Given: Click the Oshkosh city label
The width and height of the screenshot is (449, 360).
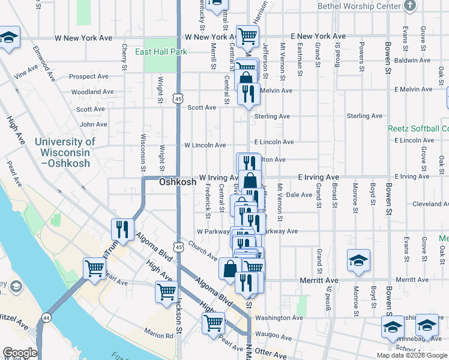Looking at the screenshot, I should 178,182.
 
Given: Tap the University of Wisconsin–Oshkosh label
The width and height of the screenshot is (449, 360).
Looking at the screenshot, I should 65,152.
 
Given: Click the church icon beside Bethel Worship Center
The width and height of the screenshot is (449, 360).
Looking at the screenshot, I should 410,6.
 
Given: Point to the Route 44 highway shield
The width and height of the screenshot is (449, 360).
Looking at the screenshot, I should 46,317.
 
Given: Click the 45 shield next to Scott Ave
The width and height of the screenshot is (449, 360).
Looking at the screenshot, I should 178,97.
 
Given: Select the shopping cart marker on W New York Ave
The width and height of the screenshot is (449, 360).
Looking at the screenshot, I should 247,36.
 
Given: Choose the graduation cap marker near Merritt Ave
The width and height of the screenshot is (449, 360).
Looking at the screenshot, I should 358,260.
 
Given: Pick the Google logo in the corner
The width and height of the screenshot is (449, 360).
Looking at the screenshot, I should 19,353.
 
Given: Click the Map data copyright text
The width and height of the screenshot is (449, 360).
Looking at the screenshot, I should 412,355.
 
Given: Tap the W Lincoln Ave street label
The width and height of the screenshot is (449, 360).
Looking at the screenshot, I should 205,145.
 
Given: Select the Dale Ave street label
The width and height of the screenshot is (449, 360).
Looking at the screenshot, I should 300,195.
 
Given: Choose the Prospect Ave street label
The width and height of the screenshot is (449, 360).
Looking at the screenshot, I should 88,77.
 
